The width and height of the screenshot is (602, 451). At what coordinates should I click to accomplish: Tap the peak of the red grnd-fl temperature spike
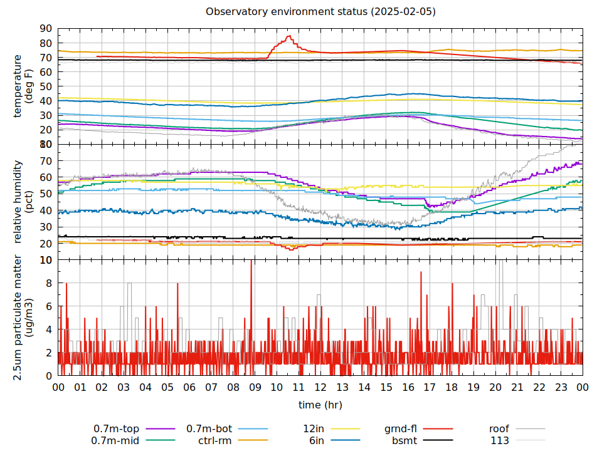[289, 36]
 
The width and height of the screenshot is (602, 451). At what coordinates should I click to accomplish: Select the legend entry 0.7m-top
[116, 429]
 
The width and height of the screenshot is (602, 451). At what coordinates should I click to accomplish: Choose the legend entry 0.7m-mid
[116, 440]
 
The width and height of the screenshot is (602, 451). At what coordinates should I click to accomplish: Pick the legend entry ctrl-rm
[215, 440]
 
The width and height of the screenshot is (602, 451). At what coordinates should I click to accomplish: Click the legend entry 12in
[313, 429]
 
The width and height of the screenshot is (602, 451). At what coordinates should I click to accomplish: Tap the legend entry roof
[499, 429]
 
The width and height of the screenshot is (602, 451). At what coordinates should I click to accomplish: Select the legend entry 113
[500, 440]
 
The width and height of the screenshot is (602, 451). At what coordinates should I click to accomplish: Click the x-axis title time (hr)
[320, 405]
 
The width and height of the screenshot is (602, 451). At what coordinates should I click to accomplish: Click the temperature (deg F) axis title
[23, 86]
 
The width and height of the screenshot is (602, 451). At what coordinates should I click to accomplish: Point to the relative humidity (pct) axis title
[23, 202]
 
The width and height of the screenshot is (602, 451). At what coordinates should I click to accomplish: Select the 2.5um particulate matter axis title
[23, 318]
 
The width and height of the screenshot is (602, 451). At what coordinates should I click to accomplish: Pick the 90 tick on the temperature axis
[45, 28]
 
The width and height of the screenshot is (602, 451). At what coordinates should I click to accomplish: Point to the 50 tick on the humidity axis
[45, 194]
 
